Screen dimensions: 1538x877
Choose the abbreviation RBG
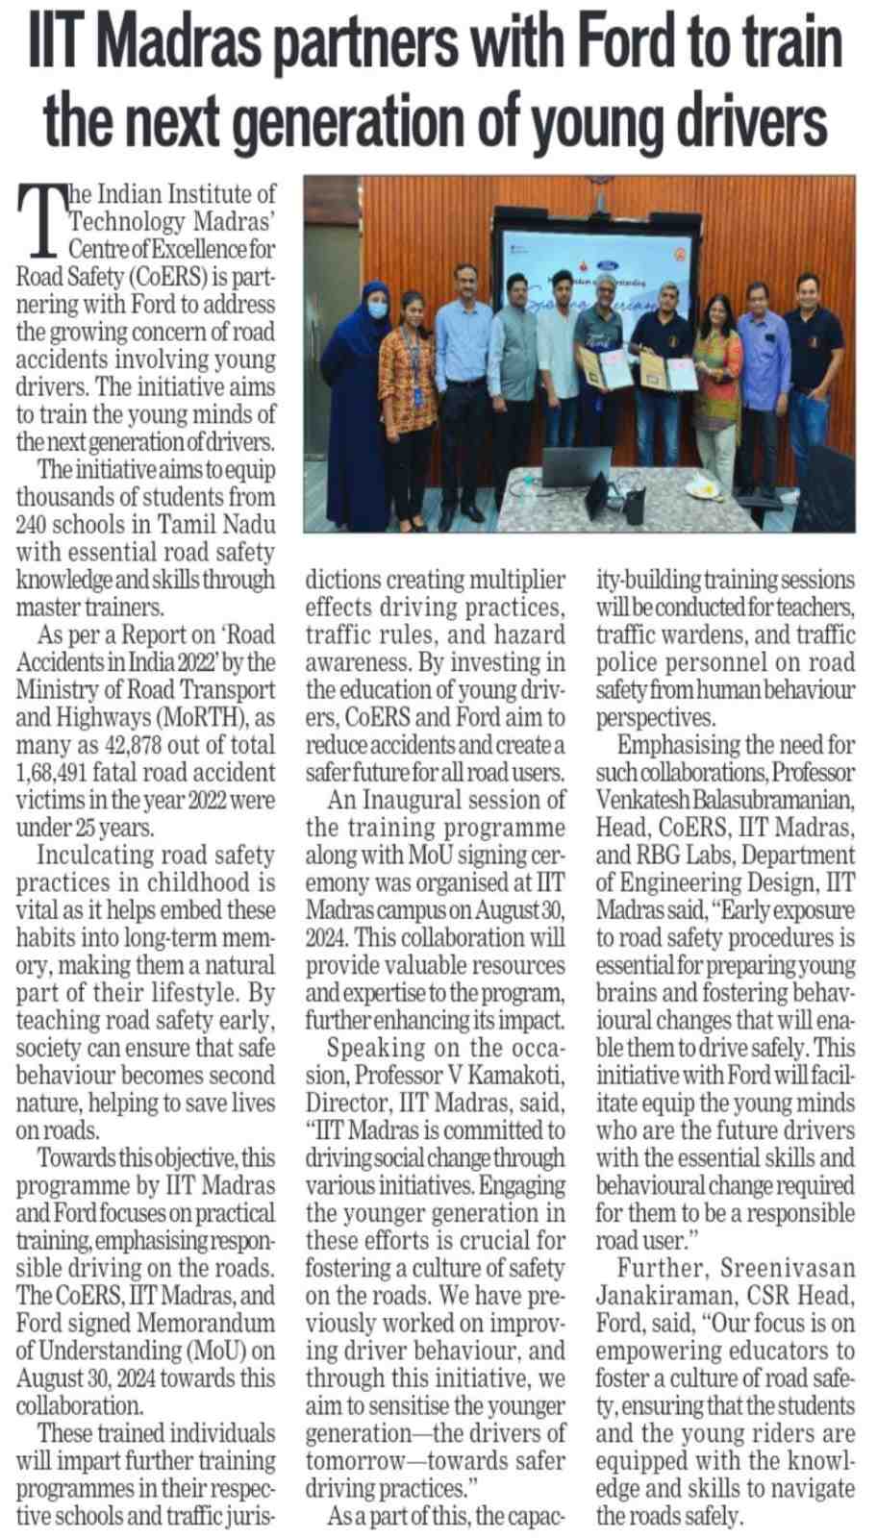coord(652,855)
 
